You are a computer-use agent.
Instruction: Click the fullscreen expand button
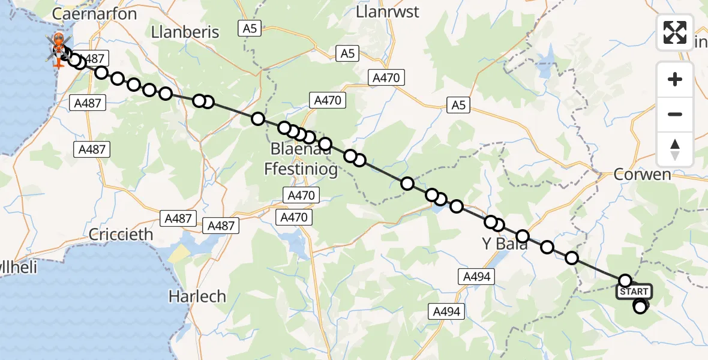(675, 32)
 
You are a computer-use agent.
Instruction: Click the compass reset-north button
(675, 149)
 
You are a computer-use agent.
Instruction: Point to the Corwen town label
(642, 175)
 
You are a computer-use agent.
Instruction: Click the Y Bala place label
(505, 244)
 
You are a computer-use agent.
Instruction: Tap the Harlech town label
(197, 296)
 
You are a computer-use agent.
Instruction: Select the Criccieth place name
(121, 235)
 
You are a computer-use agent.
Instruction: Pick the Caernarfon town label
(95, 13)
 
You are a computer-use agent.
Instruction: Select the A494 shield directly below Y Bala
(477, 276)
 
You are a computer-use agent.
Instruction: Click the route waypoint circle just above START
(625, 280)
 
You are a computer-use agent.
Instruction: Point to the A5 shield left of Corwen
(458, 106)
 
